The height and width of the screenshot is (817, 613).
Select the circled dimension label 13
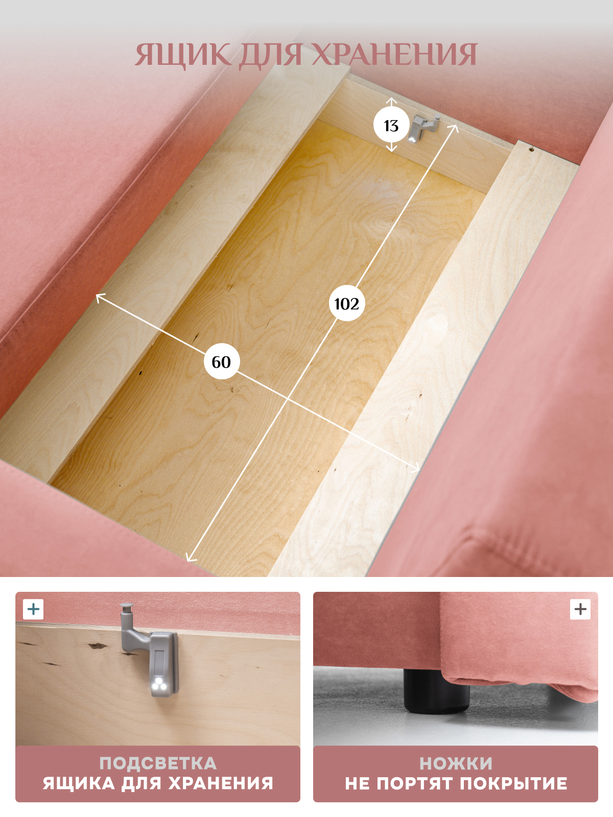coord(391,126)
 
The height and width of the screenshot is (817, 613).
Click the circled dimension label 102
coord(347,304)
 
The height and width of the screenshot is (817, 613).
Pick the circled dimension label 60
coord(222,362)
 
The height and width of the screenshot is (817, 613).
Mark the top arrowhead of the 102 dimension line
coord(455,128)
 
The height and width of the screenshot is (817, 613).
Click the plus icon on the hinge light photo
coord(34,609)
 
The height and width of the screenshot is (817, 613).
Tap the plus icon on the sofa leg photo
coord(580,609)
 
